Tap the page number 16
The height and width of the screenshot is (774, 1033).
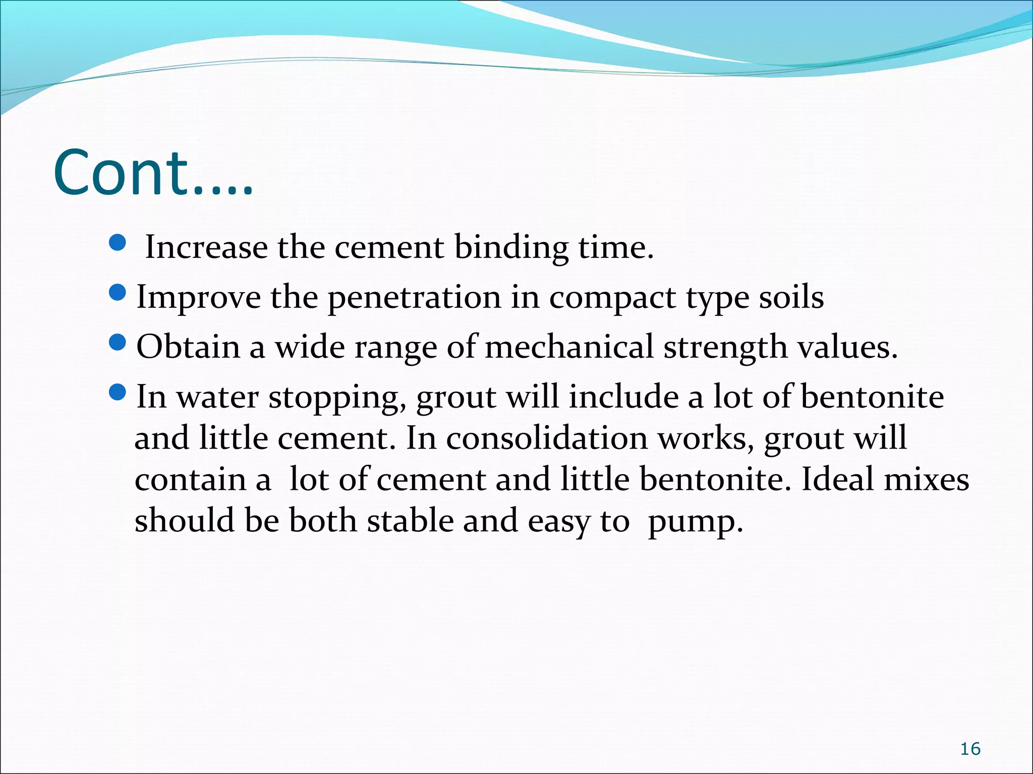pos(970,749)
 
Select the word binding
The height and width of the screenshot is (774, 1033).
pos(511,248)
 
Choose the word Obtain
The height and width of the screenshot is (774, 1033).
pos(188,347)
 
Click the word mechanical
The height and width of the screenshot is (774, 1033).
pos(569,347)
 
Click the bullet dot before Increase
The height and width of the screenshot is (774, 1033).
pos(117,244)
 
